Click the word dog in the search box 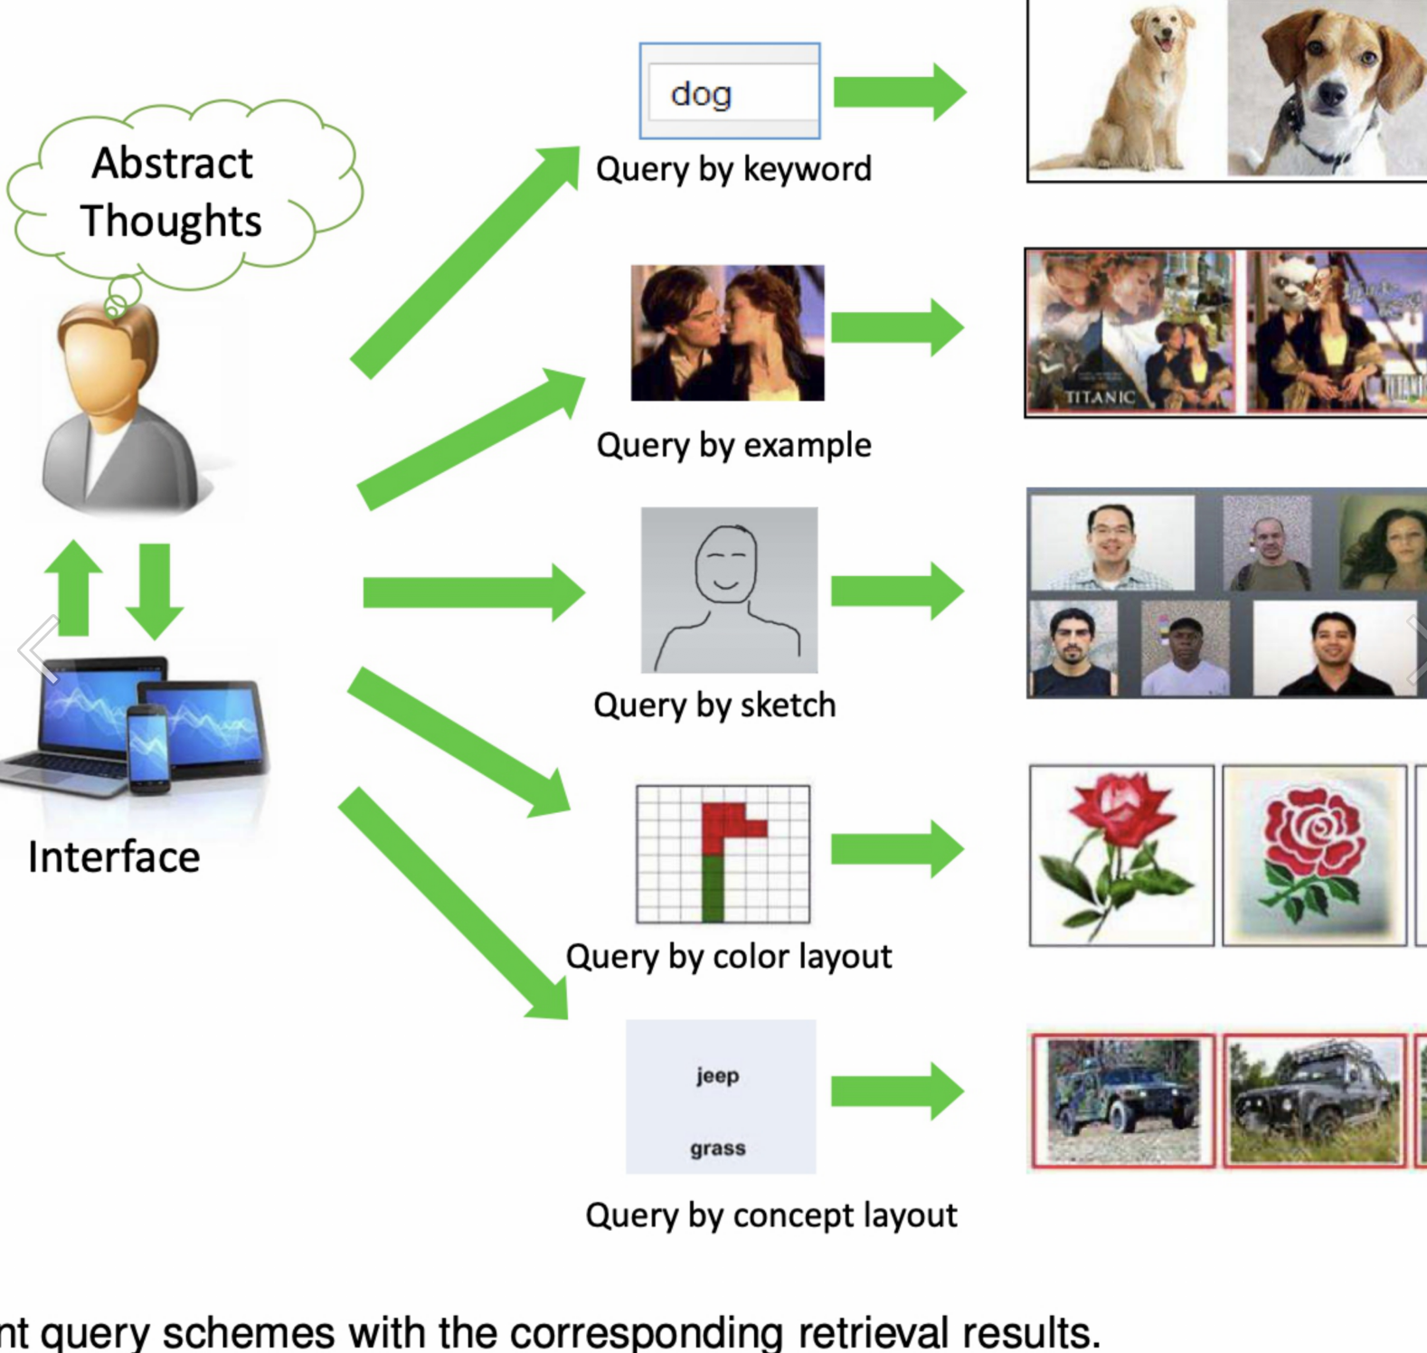[x=701, y=93]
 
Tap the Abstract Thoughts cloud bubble [x=172, y=193]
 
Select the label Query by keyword [x=733, y=169]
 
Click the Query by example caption [x=733, y=445]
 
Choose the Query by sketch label [x=714, y=705]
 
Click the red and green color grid [x=723, y=854]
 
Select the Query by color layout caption [x=729, y=956]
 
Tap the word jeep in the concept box [x=718, y=1075]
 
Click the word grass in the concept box [x=718, y=1149]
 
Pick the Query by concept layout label [x=770, y=1215]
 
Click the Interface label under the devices [x=114, y=856]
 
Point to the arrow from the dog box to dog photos [x=899, y=91]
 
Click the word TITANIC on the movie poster [x=1100, y=396]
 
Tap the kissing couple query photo [x=727, y=333]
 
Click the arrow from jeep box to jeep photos [x=897, y=1092]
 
